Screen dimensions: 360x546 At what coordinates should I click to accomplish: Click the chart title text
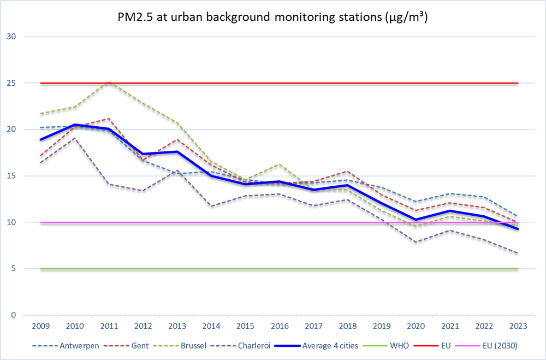click(272, 17)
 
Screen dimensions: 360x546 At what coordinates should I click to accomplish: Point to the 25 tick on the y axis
click(12, 83)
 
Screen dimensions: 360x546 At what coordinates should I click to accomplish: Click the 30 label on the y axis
click(12, 37)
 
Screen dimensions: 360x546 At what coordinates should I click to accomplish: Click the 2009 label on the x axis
click(41, 326)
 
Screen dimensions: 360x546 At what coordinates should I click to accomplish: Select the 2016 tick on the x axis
click(280, 326)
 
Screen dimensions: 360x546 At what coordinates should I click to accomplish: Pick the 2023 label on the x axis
click(518, 326)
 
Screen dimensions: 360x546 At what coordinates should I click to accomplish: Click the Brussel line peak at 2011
click(109, 82)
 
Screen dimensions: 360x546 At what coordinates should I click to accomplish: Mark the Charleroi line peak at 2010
click(75, 138)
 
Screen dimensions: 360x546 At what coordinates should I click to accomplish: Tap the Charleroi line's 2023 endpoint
click(518, 253)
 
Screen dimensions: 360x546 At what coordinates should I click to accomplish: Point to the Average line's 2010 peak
click(75, 125)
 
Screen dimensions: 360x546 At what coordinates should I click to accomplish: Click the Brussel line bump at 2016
click(279, 164)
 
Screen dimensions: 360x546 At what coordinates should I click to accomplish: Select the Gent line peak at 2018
click(347, 172)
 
